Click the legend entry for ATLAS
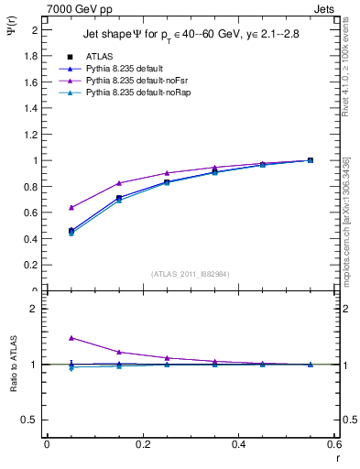click(99, 56)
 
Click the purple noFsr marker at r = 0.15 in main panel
click(119, 183)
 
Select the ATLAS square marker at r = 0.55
click(311, 160)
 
